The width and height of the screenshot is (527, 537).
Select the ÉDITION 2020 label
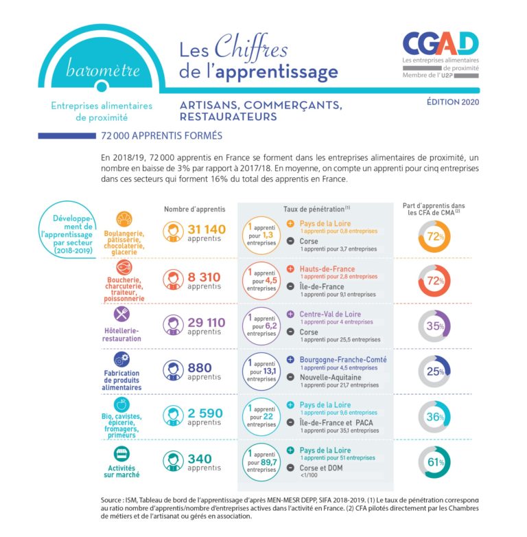point(453,102)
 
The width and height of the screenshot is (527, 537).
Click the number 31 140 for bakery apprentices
point(206,230)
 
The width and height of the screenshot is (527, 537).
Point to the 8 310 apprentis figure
point(204,277)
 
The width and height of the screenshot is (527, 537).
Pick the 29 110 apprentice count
point(206,323)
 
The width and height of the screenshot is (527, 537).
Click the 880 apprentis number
point(200,368)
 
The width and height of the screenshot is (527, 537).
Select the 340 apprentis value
point(200,459)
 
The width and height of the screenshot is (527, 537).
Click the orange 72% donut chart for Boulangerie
point(434,236)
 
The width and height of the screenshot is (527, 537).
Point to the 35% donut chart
point(434,326)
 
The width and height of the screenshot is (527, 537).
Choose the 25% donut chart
point(434,372)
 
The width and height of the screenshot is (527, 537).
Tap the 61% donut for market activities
point(434,462)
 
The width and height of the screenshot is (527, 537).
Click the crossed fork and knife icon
point(123,313)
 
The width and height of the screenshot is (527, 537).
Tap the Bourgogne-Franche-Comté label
point(342,360)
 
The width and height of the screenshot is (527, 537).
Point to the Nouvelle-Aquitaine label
point(334,377)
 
